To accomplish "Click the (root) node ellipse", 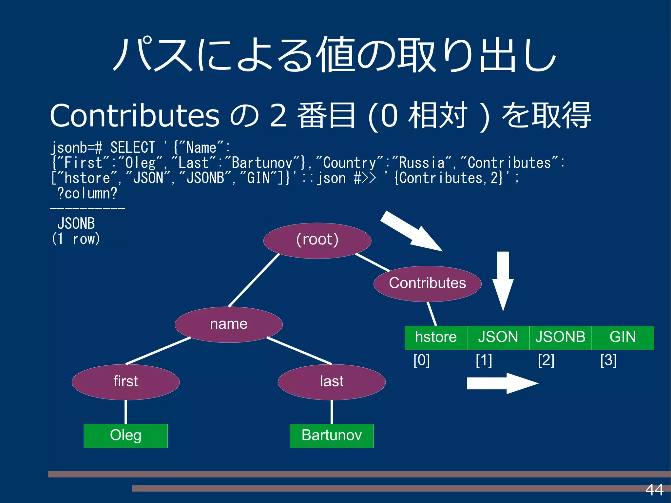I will coord(317,241).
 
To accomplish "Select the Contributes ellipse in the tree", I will coord(427,283).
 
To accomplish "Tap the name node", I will coord(229,324).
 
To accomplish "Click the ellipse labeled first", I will coord(125,382).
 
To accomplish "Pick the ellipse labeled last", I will coord(332,382).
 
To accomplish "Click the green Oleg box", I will coord(125,436).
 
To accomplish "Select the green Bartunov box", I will coord(332,436).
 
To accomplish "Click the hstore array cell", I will coord(436,338).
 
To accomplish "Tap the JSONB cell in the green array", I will coord(560,338).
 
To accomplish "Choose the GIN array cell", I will coord(623,338).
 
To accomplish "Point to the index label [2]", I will coord(546,360).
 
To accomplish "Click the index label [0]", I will coord(422,360).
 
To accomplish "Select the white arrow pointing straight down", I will coord(503,280).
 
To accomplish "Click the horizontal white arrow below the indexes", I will coord(501,383).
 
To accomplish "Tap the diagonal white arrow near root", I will coord(411,231).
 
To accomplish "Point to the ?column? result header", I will coord(87,193).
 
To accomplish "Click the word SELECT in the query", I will coord(132,147).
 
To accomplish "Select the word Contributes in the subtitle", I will coord(134,115).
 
